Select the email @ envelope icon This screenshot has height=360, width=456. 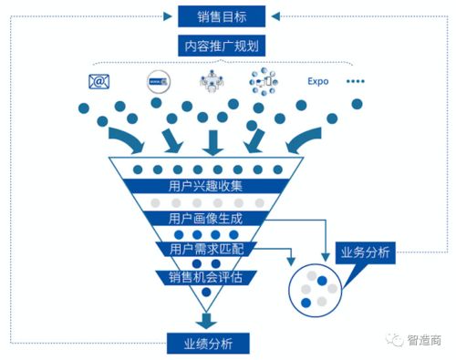[99, 82]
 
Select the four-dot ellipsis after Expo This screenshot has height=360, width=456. [355, 82]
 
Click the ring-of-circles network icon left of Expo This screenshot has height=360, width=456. [264, 82]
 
